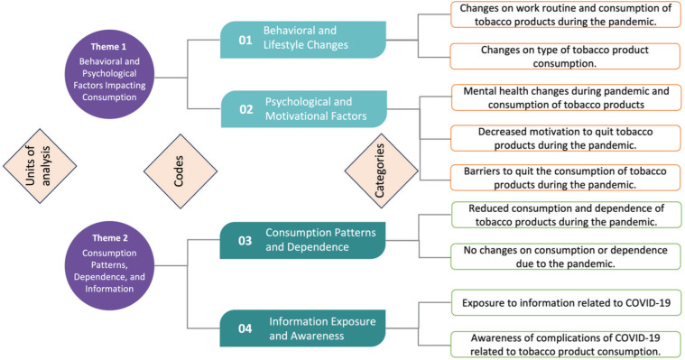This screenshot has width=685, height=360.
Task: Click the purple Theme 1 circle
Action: point(109,74)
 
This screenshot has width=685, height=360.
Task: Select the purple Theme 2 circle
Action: point(109,265)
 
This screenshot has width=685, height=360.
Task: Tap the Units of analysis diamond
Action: point(40,166)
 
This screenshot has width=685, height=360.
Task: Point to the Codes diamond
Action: point(181,171)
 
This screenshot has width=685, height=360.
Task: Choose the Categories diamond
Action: point(382,171)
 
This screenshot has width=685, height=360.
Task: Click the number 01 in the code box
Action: point(245,41)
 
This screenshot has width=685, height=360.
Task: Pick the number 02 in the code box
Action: point(246,109)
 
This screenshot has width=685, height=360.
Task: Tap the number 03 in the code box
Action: point(245,241)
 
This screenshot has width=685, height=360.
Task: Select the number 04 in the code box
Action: point(245,328)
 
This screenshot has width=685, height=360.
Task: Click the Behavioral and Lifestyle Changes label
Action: point(306,38)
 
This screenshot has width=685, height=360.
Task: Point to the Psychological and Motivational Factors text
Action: point(316,109)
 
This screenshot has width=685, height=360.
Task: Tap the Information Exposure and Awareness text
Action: point(322,328)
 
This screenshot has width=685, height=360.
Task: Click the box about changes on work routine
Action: point(565,14)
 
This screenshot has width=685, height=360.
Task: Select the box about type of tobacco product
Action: point(565,56)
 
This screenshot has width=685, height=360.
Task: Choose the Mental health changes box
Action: point(566,97)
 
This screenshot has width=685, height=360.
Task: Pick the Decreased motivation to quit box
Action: point(565,138)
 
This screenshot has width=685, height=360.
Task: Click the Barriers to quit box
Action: point(565,178)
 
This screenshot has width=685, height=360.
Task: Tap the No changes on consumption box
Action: point(565,256)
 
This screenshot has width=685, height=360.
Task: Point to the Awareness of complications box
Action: point(565,345)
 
